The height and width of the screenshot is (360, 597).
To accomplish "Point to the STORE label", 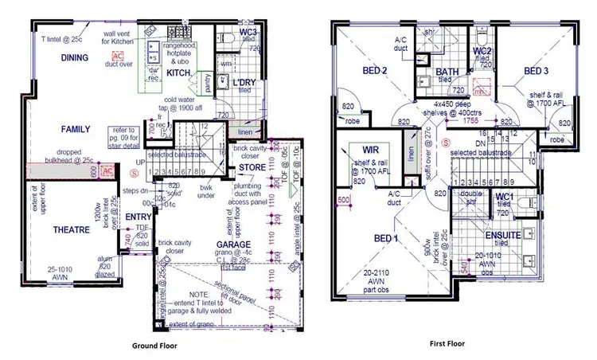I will [252, 167].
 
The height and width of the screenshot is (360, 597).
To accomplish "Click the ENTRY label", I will [138, 216].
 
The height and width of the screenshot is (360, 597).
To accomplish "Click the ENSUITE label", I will [502, 236].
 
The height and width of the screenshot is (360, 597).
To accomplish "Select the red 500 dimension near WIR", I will [344, 199].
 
